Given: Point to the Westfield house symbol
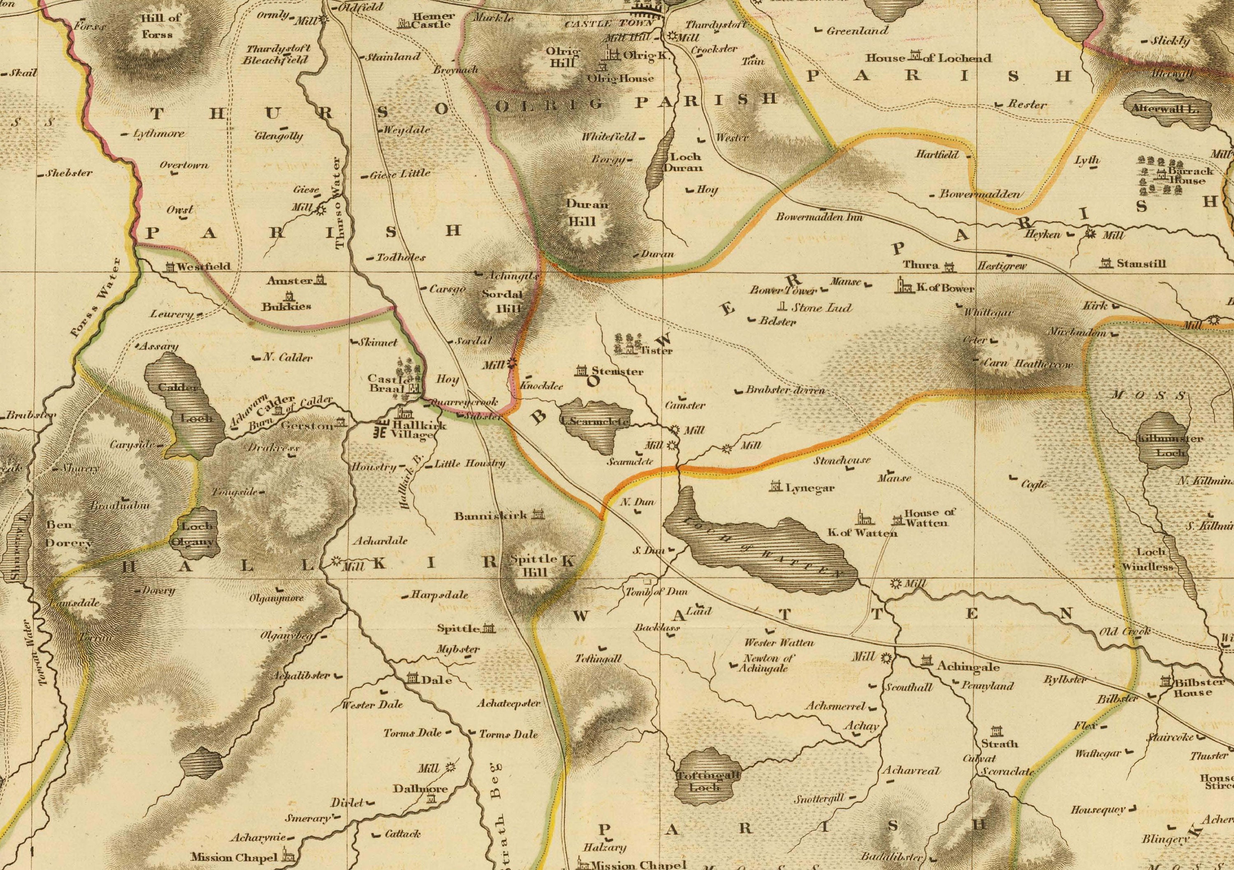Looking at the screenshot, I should pos(170,267).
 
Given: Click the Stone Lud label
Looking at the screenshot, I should pos(821,308).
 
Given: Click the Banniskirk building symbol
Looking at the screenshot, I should pos(538,514).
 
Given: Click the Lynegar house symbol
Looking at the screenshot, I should pos(775,487).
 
